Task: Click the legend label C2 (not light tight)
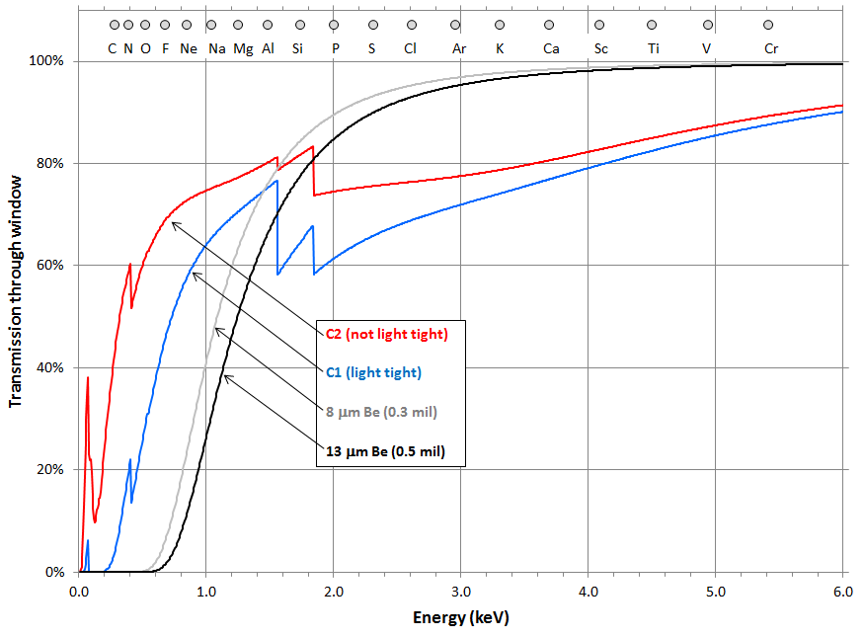pyautogui.click(x=387, y=334)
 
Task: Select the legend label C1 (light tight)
pyautogui.click(x=373, y=373)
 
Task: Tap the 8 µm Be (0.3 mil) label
pyautogui.click(x=381, y=412)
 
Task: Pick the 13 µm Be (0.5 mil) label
pyautogui.click(x=385, y=452)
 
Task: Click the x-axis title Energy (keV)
pyautogui.click(x=461, y=618)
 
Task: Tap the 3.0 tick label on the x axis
pyautogui.click(x=460, y=593)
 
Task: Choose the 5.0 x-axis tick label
pyautogui.click(x=716, y=593)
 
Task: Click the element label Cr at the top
pyautogui.click(x=770, y=47)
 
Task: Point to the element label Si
pyautogui.click(x=297, y=47)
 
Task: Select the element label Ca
pyautogui.click(x=551, y=47)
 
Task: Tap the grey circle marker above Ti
pyautogui.click(x=652, y=25)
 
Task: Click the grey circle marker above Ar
pyautogui.click(x=455, y=25)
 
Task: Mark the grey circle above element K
pyautogui.click(x=500, y=25)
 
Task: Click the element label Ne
pyautogui.click(x=188, y=47)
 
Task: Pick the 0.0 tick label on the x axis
pyautogui.click(x=79, y=593)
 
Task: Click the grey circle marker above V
pyautogui.click(x=707, y=25)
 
